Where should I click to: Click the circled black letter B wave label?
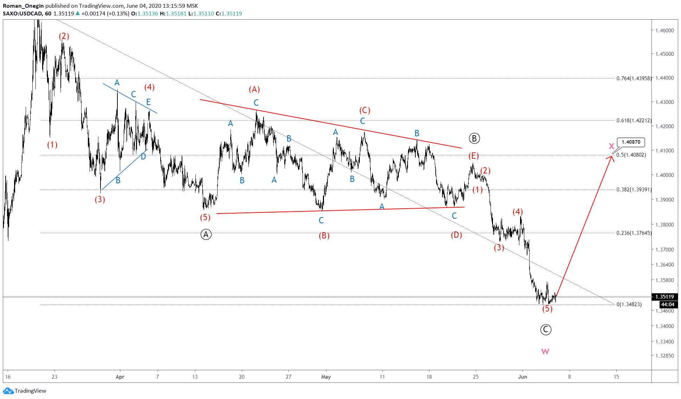click(x=474, y=138)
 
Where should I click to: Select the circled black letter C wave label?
click(x=545, y=329)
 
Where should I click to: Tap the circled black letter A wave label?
click(x=206, y=234)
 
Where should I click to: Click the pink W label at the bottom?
click(x=545, y=351)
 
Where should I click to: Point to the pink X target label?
click(x=611, y=146)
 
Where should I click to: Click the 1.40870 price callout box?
click(x=631, y=142)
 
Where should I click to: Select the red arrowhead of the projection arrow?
click(x=611, y=158)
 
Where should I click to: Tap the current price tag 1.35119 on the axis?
click(x=664, y=297)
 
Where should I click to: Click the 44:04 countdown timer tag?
click(x=667, y=305)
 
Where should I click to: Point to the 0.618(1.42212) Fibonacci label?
click(x=634, y=120)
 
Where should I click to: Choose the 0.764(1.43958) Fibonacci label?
click(x=634, y=78)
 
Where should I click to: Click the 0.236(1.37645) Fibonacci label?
click(x=634, y=233)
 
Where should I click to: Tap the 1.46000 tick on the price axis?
click(x=664, y=31)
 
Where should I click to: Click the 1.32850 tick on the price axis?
click(x=664, y=355)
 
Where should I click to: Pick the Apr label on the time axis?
click(x=120, y=377)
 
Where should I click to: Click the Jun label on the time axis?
click(x=523, y=377)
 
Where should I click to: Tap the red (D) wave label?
click(x=456, y=235)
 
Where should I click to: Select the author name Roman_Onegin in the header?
click(x=23, y=6)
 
